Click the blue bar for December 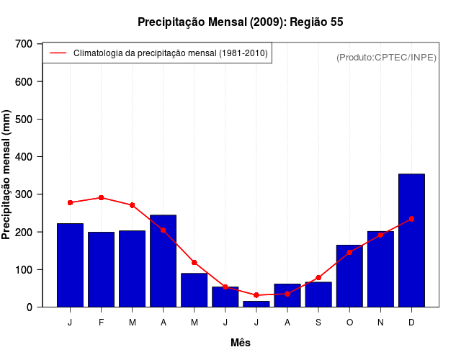click(x=411, y=240)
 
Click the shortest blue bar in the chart click(x=256, y=304)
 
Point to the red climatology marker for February click(x=101, y=197)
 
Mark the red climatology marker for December click(x=411, y=219)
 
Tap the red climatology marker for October click(x=349, y=252)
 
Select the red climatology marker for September click(x=318, y=278)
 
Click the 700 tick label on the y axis click(x=24, y=44)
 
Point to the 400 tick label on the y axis click(x=24, y=157)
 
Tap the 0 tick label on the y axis click(x=30, y=307)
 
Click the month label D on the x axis click(x=411, y=323)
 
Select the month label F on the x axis click(x=101, y=323)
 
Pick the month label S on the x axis click(x=318, y=323)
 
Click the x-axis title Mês click(x=241, y=343)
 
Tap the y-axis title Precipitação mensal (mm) click(x=7, y=175)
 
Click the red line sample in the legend click(x=58, y=53)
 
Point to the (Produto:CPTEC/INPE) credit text click(x=386, y=57)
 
